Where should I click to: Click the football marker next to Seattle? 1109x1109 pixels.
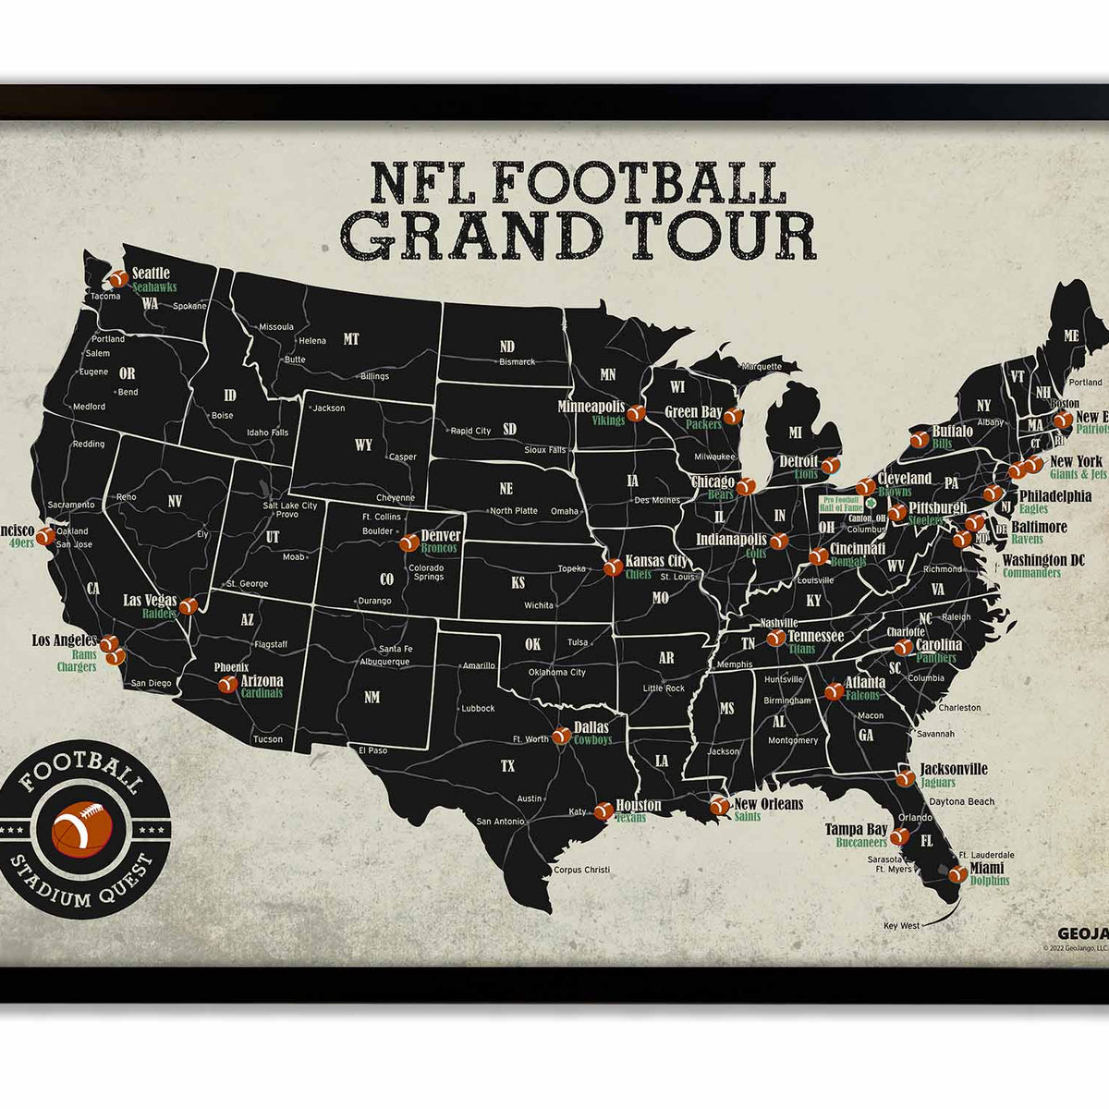(x=117, y=278)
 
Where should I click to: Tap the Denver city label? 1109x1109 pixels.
(x=440, y=536)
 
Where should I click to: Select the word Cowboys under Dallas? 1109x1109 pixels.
(x=592, y=739)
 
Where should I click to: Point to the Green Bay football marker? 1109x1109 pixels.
(x=732, y=417)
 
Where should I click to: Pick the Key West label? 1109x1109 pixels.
(x=902, y=925)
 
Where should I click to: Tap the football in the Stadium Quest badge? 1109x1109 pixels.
(x=83, y=828)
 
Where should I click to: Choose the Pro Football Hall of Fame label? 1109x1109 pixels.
(x=841, y=504)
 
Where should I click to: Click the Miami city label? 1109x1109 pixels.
(x=987, y=869)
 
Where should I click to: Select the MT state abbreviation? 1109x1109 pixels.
(x=351, y=339)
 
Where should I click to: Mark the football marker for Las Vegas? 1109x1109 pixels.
(x=189, y=606)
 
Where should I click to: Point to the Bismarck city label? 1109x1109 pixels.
(x=517, y=362)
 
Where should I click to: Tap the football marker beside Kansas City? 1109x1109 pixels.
(x=612, y=567)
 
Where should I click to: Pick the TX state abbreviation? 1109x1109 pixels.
(x=507, y=766)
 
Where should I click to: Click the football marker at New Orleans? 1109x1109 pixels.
(x=718, y=806)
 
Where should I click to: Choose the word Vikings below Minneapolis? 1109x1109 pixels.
(x=608, y=420)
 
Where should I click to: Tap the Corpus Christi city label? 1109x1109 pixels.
(x=581, y=870)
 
